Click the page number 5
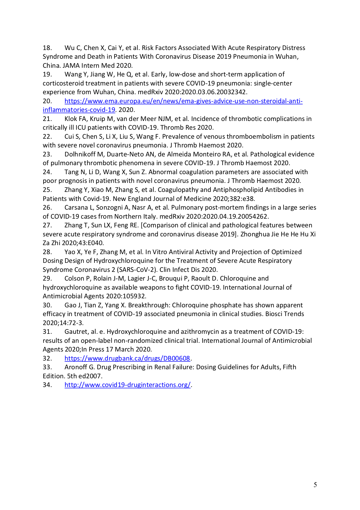tap(315, 485)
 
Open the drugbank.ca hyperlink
tap(127, 358)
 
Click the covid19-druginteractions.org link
tap(127, 385)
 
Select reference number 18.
tap(47, 48)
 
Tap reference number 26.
tap(47, 207)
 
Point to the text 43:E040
tap(91, 243)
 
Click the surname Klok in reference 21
tap(71, 119)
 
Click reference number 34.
tap(47, 385)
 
